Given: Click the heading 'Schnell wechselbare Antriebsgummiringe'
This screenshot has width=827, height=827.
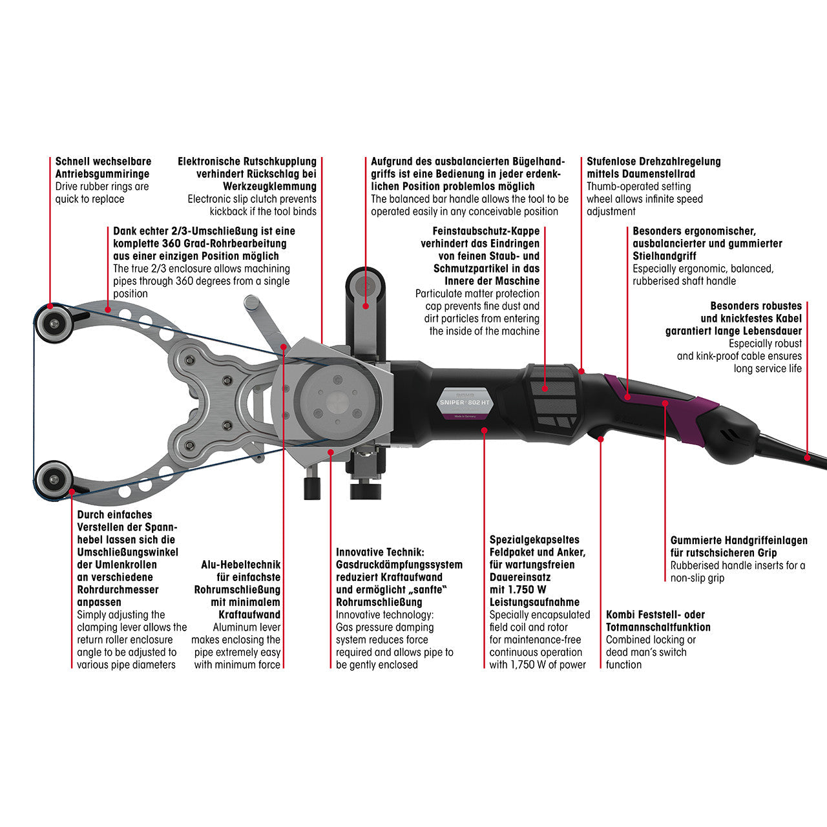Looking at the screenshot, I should coord(103,167).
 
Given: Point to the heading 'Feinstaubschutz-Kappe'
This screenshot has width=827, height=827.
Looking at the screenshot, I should coord(486,231).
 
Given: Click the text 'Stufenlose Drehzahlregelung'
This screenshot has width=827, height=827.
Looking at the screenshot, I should coord(653,162).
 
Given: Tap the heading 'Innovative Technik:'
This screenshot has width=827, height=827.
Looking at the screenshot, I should coord(380,552).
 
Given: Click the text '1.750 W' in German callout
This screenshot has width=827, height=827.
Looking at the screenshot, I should coord(518,590).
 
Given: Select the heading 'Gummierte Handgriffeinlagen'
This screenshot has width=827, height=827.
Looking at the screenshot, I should coord(738,540).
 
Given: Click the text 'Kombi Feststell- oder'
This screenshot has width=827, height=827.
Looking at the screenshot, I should coord(655,615).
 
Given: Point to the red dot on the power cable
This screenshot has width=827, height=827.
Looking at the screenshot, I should coord(806,457).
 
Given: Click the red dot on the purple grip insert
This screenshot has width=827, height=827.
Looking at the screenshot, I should coord(665,403).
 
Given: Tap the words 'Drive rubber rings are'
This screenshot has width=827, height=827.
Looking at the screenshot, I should coord(102,187).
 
